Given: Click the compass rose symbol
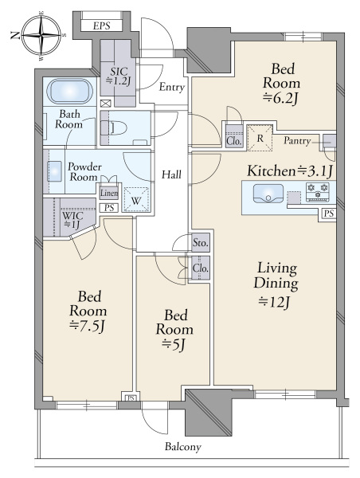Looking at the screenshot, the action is coord(41,35).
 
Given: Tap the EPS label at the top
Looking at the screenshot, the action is coord(101,25).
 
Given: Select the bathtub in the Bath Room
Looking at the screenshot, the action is coord(70,92).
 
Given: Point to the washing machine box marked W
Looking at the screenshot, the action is coord(136,199).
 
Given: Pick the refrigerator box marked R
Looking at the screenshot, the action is coord(260,138).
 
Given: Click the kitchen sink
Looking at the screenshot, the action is coord(268,194).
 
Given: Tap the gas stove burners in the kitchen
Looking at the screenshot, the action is coord(318,191).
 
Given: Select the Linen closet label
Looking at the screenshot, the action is coord(109,193).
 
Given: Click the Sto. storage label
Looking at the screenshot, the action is coord(201,243).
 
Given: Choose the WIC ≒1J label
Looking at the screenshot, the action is coord(72,220).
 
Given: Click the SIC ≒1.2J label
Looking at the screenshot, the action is coord(119,76).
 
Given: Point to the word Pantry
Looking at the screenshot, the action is coord(297,140).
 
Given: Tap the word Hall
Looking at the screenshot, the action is coord(171,174).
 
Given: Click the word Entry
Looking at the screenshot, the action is coord(172,88).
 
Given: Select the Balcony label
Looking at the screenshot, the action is coord(183,447).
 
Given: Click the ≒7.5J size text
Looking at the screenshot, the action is coord(88,327).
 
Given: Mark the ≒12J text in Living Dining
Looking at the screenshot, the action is coord(275,302).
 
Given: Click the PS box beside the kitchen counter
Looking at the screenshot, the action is coord(329,214).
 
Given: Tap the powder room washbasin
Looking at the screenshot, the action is coord(54,171).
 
